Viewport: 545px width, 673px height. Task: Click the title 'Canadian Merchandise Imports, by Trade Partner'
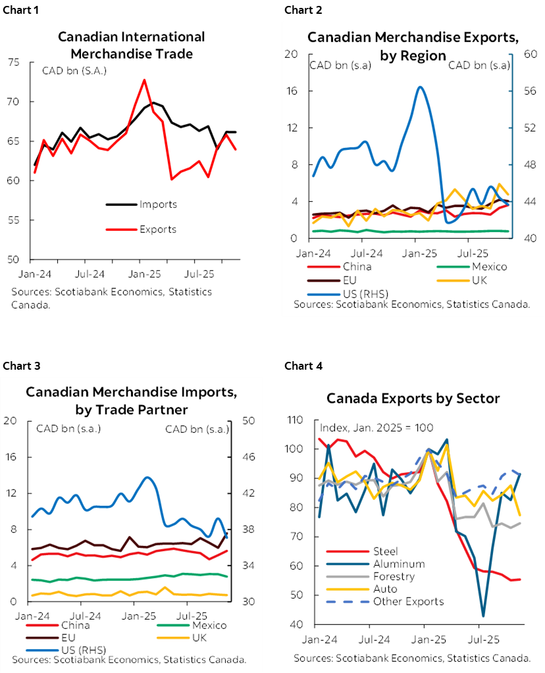pos(131,401)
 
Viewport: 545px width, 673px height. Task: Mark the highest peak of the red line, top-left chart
pos(144,80)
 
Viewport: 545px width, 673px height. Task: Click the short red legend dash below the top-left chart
pos(121,229)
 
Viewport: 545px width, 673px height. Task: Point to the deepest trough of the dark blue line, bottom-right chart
pos(484,615)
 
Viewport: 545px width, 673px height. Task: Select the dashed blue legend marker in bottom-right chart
pos(348,601)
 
